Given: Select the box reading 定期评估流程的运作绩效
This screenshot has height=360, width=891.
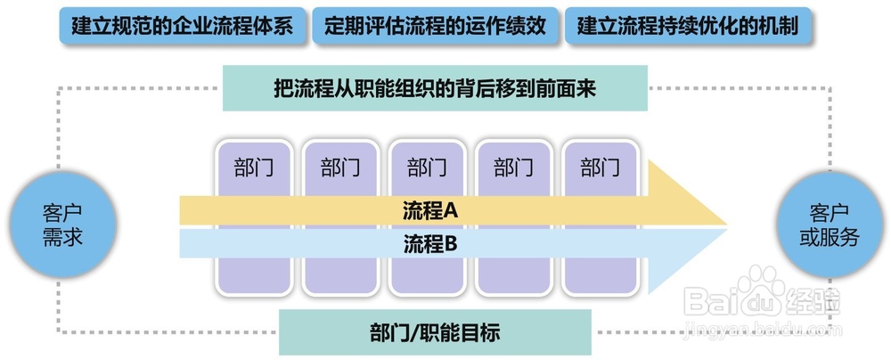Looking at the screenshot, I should tap(435, 25).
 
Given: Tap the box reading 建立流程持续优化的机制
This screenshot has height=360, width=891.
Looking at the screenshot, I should tap(688, 25).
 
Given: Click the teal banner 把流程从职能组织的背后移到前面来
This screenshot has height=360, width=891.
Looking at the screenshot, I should tap(435, 89).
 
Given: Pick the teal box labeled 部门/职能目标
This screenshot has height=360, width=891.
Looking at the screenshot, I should tap(435, 333).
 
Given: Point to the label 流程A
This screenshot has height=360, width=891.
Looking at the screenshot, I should tap(429, 210).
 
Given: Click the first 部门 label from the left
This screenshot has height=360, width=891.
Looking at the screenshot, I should tap(254, 167).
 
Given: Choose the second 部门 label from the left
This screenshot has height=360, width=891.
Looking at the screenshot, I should tap(340, 167).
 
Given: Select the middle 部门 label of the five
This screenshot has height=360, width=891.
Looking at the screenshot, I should tap(427, 167).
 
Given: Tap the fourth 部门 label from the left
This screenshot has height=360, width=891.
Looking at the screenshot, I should tap(513, 167).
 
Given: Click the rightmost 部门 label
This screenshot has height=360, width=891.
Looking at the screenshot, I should tap(600, 167).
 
